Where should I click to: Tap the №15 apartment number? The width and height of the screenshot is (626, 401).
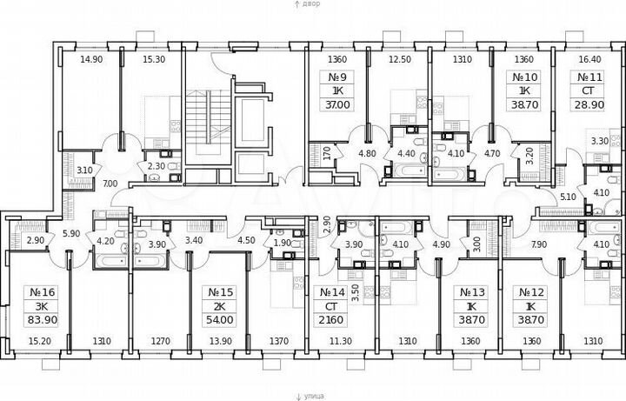point(216,292)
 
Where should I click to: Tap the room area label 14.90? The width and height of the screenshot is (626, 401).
point(91,59)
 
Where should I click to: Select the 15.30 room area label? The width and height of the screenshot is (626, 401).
point(153,59)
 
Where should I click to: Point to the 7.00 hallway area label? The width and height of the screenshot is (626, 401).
point(110,184)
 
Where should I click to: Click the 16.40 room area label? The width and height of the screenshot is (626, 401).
point(589,59)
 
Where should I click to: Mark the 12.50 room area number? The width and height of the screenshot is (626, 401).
point(399,59)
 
